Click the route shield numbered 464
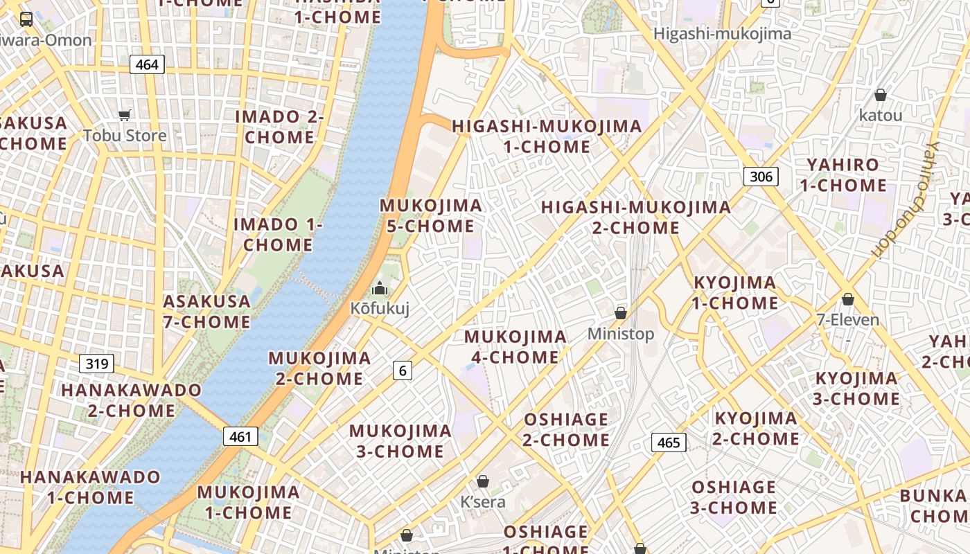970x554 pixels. (147, 65)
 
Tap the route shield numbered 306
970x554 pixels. (761, 177)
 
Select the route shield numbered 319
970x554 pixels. (96, 364)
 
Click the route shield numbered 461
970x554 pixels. (240, 437)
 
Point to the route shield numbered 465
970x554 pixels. (669, 443)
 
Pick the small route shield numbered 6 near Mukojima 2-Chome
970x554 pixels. (403, 371)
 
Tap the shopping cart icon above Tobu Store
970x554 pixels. (125, 116)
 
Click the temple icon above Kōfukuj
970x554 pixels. (379, 288)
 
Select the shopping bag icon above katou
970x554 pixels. (881, 95)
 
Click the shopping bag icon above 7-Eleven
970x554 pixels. (847, 299)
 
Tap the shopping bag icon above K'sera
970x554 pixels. (483, 481)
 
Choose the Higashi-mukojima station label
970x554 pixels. (712, 33)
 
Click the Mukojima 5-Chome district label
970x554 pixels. (430, 216)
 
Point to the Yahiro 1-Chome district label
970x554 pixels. (843, 175)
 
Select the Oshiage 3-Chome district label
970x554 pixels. (733, 497)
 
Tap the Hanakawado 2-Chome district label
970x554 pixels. (131, 400)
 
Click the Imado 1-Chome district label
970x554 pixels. (278, 235)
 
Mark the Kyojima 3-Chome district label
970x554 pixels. (856, 388)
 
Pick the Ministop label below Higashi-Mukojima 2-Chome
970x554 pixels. (620, 334)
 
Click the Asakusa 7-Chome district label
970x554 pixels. (206, 312)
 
